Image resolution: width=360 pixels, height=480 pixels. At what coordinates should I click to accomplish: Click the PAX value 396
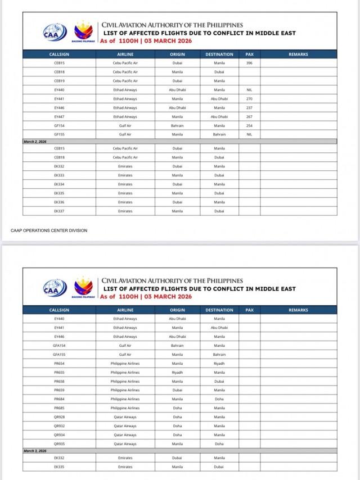(x=249, y=63)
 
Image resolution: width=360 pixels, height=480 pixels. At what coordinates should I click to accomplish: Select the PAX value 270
(x=249, y=98)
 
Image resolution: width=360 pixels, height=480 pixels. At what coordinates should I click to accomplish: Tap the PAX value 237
(x=249, y=107)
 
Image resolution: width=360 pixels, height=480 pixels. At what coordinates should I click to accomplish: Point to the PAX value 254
(x=249, y=125)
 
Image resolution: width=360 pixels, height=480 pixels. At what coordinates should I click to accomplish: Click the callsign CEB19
(x=59, y=81)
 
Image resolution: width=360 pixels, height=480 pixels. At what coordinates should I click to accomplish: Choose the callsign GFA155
(x=59, y=355)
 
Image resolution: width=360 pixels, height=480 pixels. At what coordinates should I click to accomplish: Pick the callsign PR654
(x=59, y=364)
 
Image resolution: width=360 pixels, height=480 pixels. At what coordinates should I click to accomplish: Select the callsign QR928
(x=59, y=417)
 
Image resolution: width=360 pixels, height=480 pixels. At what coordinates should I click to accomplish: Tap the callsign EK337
(x=59, y=211)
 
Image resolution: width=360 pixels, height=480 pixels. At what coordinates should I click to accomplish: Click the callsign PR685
(x=59, y=408)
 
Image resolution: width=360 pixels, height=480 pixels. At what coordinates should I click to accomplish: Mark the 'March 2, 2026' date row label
(x=35, y=142)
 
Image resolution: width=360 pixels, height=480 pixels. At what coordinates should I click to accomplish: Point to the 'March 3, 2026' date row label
(x=35, y=451)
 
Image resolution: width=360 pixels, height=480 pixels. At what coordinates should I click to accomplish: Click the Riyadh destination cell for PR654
(x=219, y=364)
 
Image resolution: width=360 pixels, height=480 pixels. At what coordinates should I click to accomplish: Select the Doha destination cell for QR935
(x=219, y=443)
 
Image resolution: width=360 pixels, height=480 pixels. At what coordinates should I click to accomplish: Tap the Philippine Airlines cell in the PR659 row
(x=125, y=390)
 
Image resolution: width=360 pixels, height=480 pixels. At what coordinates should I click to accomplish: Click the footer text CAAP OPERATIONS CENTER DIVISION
(x=49, y=230)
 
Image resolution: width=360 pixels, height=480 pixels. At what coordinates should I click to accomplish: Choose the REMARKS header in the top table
(x=298, y=55)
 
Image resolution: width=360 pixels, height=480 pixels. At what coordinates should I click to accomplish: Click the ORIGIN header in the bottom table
(x=177, y=310)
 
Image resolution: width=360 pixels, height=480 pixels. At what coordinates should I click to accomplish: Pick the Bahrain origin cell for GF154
(x=177, y=125)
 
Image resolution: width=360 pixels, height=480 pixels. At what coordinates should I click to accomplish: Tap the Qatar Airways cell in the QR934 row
(x=125, y=434)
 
